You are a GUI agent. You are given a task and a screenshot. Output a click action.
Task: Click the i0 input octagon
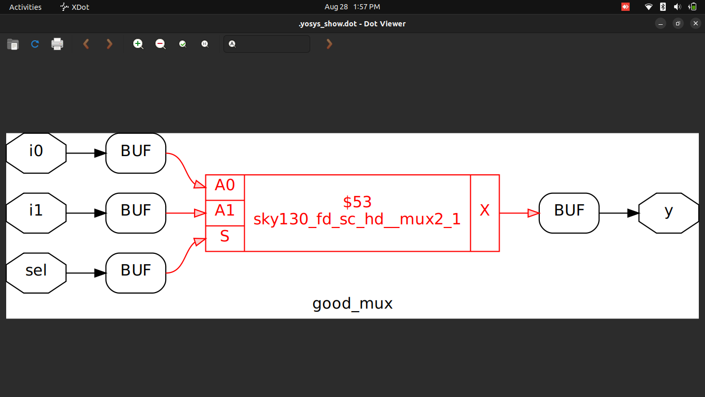[36, 153]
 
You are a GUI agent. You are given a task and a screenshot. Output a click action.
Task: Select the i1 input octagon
[36, 213]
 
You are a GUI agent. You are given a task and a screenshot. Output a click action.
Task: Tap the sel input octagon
[36, 273]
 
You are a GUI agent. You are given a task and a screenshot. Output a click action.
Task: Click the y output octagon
[668, 213]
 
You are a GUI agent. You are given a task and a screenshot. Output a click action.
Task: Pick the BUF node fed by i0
[136, 153]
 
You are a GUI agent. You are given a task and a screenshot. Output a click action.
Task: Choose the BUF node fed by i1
[136, 213]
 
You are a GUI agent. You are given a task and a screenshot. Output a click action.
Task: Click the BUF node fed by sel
[136, 273]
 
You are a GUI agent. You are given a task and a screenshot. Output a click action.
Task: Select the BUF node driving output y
[569, 213]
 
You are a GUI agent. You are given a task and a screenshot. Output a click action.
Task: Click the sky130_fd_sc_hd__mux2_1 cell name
[357, 220]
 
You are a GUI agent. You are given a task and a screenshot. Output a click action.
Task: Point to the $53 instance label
[357, 202]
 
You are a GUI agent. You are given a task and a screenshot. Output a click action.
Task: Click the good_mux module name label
[352, 304]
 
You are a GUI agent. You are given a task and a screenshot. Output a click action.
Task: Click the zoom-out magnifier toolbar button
[161, 44]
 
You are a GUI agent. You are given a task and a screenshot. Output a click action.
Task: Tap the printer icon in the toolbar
[57, 44]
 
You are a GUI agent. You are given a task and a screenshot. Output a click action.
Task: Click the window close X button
[695, 23]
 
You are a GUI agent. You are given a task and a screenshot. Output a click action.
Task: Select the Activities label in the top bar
[25, 7]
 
